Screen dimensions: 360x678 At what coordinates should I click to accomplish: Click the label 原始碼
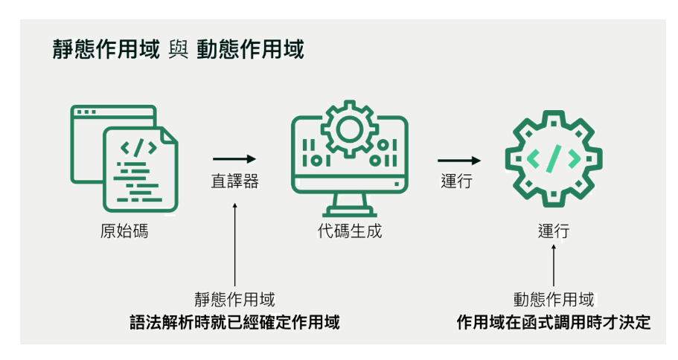[124, 231]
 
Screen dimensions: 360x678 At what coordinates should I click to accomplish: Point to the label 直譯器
[234, 181]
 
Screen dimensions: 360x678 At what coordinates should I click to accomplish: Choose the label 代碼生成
[349, 231]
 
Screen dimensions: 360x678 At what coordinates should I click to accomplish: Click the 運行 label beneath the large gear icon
[554, 231]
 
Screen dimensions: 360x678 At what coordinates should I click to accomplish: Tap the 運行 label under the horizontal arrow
[457, 181]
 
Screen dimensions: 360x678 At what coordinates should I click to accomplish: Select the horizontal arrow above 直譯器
[234, 158]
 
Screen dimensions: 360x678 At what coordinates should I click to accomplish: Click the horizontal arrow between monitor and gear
[458, 159]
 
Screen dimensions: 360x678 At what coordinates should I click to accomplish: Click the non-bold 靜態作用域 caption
[234, 300]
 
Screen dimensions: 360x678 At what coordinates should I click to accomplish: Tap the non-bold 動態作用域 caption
[554, 300]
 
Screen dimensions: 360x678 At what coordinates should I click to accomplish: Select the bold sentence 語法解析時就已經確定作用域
[234, 323]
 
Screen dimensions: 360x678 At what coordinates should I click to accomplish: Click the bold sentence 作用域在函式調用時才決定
[554, 323]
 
